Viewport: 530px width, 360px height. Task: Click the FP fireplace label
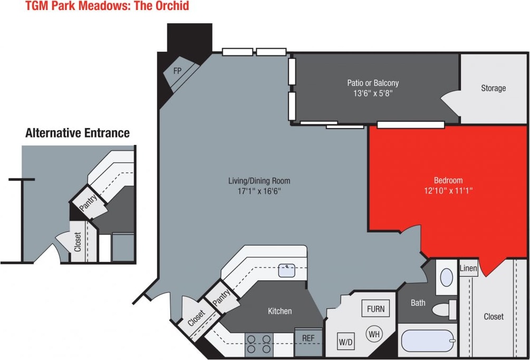[177, 70]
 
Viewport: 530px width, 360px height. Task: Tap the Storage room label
[493, 88]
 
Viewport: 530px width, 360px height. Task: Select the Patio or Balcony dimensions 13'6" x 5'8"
[373, 93]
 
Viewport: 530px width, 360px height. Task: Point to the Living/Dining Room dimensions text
[259, 191]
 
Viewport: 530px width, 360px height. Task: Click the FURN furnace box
[376, 309]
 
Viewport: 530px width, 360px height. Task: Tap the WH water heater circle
[374, 334]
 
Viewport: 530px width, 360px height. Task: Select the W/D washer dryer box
[346, 342]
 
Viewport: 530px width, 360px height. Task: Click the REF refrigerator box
[308, 338]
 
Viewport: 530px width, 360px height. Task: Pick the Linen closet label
[468, 269]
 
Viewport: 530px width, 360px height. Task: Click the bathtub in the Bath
[428, 340]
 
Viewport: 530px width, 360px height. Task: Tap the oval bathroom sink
[446, 277]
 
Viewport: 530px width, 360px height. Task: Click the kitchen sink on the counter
[286, 271]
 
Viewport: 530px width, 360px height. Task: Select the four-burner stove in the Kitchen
[259, 344]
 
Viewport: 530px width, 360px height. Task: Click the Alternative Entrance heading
[78, 133]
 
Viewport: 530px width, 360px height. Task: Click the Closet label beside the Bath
[494, 317]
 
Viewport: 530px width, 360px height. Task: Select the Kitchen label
[280, 311]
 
